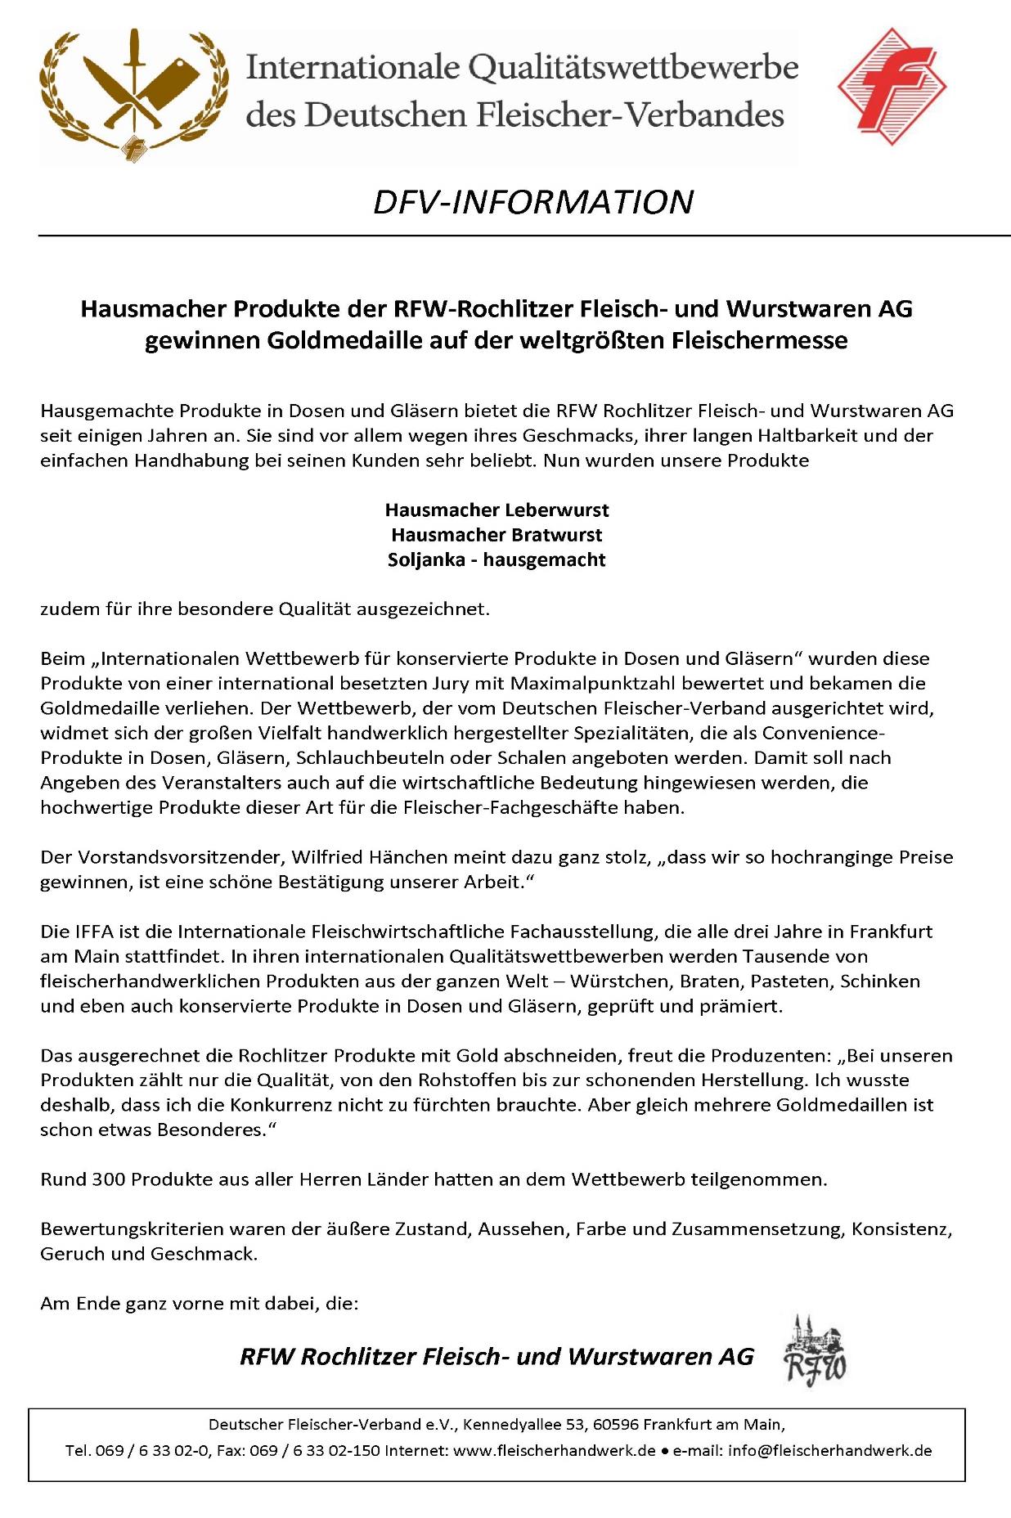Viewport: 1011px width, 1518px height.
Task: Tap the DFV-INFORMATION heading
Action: (532, 202)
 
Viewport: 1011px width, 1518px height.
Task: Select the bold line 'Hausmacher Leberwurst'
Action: (497, 510)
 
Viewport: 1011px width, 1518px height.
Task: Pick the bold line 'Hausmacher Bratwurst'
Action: (497, 535)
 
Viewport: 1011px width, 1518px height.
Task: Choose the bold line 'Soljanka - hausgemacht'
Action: (497, 560)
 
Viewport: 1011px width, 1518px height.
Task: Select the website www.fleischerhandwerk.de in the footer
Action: (554, 1451)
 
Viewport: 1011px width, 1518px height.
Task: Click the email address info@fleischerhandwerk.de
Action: (828, 1451)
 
